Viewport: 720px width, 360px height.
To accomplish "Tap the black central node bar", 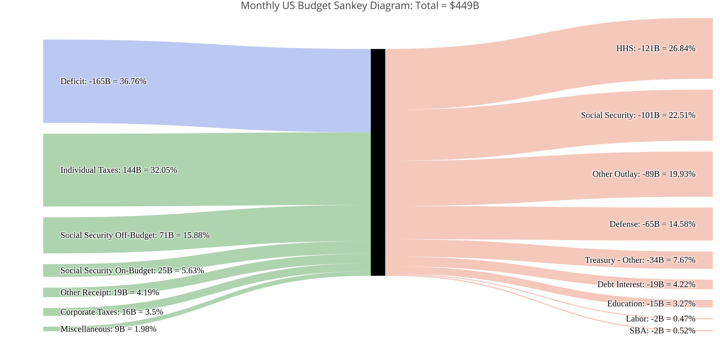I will pos(378,162).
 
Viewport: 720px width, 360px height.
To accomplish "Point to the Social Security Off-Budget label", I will pos(135,235).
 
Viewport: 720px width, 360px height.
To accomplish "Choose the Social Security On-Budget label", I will pos(132,271).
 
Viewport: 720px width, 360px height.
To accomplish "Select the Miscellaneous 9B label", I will pos(108,329).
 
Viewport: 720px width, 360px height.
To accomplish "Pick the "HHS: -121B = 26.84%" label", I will pos(655,49).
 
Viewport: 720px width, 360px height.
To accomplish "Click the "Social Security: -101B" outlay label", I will pos(638,115).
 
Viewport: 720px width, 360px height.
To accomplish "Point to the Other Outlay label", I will pos(643,174).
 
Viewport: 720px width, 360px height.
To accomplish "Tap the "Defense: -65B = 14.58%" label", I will pos(652,224).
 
